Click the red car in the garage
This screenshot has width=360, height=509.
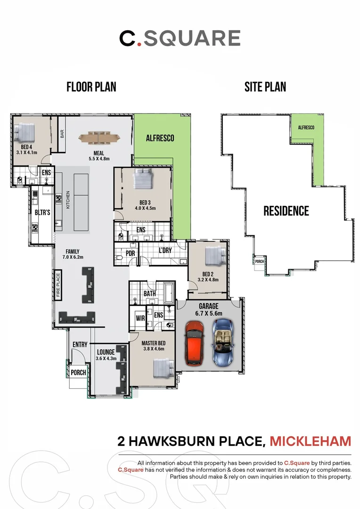point(195,343)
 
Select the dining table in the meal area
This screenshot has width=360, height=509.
point(99,138)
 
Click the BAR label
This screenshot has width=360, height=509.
point(62,134)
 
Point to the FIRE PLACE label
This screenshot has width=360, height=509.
point(58,285)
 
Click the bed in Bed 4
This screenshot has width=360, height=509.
point(25,132)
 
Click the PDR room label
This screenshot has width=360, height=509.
point(130,254)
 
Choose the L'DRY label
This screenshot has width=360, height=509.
point(165,250)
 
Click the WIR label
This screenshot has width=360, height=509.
point(140,319)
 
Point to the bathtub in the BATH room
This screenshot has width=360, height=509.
point(170,293)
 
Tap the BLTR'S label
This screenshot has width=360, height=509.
point(42,213)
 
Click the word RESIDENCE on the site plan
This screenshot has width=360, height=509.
point(286,211)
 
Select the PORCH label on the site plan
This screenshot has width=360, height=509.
point(259,261)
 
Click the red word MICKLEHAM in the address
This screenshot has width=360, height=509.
point(311,442)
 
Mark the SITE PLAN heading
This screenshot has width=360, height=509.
point(265,87)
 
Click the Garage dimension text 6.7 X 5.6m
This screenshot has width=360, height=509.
point(209,313)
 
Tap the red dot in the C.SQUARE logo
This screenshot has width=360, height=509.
point(139,44)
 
